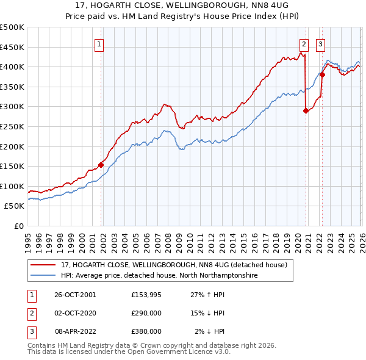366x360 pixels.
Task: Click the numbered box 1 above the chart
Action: (99, 43)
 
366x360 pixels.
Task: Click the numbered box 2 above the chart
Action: (304, 43)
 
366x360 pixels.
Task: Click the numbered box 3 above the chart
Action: (320, 43)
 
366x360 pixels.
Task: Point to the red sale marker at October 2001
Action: (101, 164)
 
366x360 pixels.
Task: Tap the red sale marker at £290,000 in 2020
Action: (306, 110)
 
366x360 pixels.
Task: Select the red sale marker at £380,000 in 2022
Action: (322, 75)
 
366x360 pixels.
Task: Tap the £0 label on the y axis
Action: (18, 226)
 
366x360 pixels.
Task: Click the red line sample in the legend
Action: (43, 265)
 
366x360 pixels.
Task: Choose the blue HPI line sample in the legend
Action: (43, 276)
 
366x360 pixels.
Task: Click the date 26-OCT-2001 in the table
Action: (75, 295)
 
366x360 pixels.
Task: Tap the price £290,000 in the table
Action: (146, 313)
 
